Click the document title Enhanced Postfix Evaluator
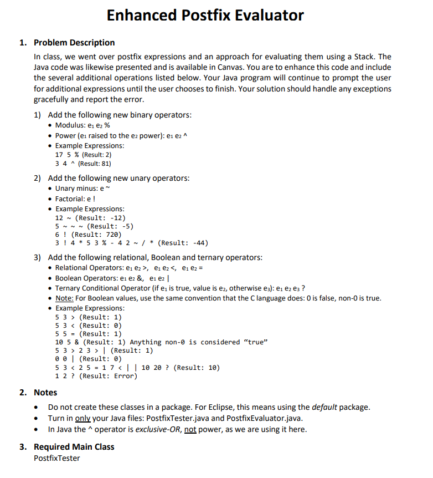pyautogui.click(x=205, y=15)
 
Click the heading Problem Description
pyautogui.click(x=74, y=43)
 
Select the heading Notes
pyautogui.click(x=45, y=392)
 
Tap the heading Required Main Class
pyautogui.click(x=74, y=446)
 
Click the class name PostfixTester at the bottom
pyautogui.click(x=56, y=458)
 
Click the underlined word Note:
pyautogui.click(x=64, y=298)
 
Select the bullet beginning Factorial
pyautogui.click(x=74, y=199)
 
